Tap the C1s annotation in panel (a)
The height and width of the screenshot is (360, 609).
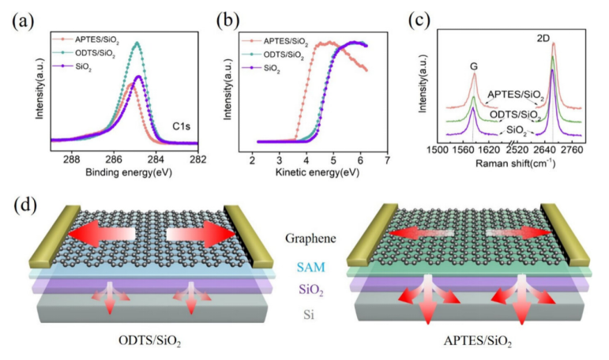tap(184, 126)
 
